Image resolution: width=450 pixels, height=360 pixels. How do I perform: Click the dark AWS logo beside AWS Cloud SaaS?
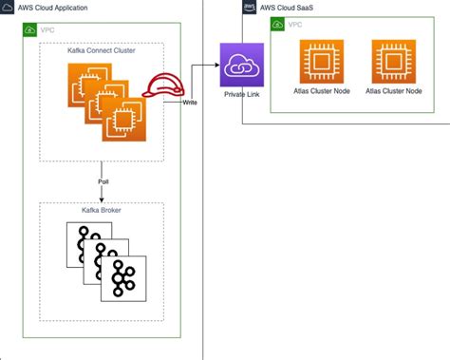250,6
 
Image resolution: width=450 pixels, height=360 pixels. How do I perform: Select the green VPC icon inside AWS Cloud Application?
29,30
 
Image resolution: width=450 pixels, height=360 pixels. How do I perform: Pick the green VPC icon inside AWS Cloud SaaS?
278,22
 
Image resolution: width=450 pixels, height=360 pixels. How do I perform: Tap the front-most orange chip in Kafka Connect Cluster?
122,122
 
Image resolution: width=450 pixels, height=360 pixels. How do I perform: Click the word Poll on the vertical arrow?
102,180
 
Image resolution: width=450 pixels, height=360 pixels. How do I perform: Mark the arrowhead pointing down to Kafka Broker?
101,197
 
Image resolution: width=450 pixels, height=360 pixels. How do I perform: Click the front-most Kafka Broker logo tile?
123,278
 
